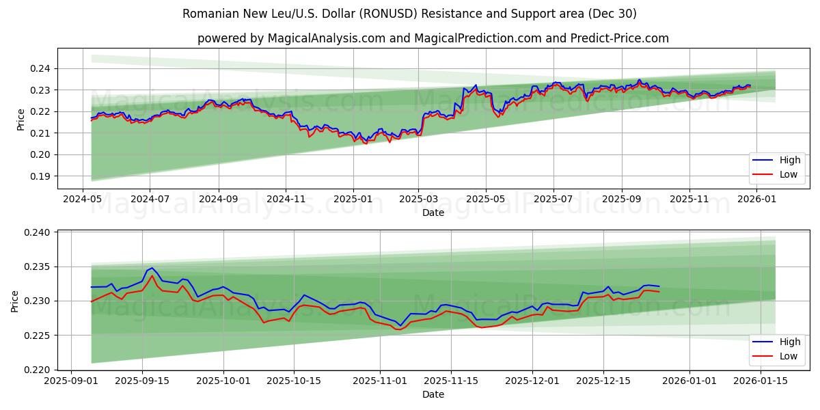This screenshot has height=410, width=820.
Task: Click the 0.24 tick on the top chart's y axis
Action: point(40,68)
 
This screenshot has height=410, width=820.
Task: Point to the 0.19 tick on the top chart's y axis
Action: point(40,176)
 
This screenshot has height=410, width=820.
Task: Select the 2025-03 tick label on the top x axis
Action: point(419,199)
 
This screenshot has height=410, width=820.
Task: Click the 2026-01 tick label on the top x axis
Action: point(756,199)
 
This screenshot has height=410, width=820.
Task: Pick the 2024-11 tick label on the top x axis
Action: point(285,199)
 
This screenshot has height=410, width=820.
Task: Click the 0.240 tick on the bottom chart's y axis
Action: point(38,232)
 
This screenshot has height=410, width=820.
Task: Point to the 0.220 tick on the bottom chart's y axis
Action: point(38,370)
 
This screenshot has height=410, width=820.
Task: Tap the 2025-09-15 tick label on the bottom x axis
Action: point(142,381)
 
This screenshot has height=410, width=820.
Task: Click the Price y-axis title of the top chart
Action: point(20,120)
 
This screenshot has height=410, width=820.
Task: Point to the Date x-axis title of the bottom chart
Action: point(433,394)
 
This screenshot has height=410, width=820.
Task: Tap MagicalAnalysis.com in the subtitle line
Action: point(322,38)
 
